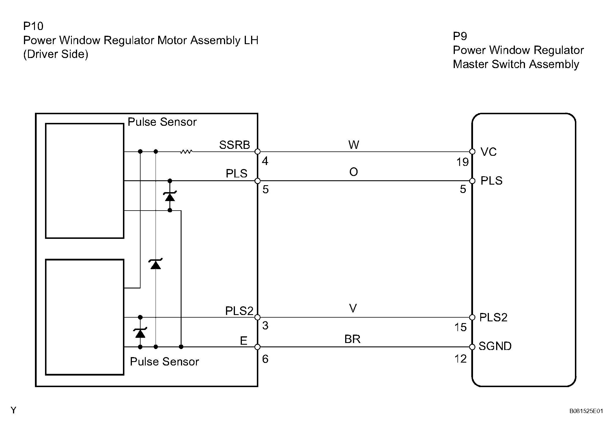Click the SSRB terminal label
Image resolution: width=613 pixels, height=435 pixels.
click(234, 145)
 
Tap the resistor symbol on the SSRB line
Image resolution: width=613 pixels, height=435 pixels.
click(186, 151)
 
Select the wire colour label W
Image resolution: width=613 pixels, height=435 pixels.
click(354, 145)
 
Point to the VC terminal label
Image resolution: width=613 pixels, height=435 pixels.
click(488, 152)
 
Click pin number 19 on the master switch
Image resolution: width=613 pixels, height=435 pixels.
click(462, 162)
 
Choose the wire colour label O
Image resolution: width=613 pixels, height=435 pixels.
click(354, 172)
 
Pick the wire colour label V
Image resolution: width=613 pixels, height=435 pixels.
click(353, 309)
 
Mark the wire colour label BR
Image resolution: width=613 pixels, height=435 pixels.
click(352, 339)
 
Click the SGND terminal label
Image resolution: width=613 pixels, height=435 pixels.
click(495, 346)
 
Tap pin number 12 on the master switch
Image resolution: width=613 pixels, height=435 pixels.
click(460, 359)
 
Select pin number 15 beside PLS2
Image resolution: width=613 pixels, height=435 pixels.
click(460, 327)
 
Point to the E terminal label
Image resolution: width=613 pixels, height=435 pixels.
click(244, 341)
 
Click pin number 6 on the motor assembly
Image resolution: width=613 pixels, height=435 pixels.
click(265, 359)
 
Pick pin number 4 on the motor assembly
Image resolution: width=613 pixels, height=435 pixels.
click(265, 161)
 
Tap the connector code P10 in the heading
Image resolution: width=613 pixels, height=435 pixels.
click(33, 26)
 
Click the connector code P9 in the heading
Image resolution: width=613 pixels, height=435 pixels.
click(460, 36)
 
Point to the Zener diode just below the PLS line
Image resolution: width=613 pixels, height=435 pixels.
click(170, 196)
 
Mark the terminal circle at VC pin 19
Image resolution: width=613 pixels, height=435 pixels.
click(472, 151)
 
